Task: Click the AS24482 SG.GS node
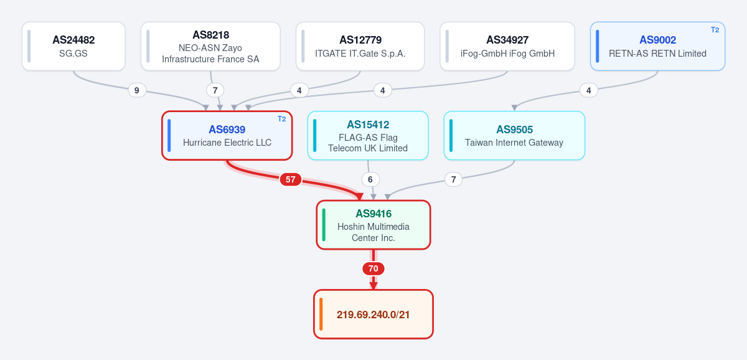point(73,46)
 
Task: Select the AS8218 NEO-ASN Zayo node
point(210,46)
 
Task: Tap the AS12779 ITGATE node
point(360,46)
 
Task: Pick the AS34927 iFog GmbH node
point(507,46)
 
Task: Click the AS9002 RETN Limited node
point(657,46)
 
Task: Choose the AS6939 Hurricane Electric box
point(227,135)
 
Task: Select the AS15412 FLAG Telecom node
point(368,135)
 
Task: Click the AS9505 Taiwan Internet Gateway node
point(514,135)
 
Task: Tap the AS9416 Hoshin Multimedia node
point(374,225)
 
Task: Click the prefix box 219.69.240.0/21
point(374,315)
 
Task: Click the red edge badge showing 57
point(291,179)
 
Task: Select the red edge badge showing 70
point(374,268)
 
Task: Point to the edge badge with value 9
point(137,90)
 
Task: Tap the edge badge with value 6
point(370,179)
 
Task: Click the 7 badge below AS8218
point(215,90)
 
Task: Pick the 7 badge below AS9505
point(454,179)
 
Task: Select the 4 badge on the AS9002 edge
point(589,90)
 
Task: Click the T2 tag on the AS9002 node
point(715,30)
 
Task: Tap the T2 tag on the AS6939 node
point(282,119)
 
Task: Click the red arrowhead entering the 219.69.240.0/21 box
point(374,286)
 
